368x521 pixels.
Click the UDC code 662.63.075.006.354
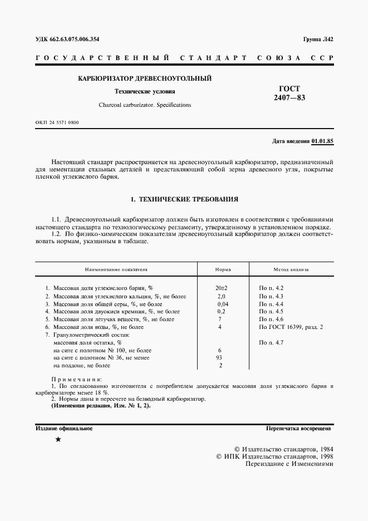[76, 39]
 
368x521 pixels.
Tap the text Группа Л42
[318, 39]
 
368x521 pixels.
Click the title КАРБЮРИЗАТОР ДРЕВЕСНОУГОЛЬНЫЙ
[145, 78]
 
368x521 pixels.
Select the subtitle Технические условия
[144, 92]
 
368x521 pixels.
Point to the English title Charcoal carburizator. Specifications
[145, 105]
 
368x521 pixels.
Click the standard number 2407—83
[290, 98]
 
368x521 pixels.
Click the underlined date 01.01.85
[322, 141]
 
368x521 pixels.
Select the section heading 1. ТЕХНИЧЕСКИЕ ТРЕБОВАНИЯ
[184, 198]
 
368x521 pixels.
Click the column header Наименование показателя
[116, 269]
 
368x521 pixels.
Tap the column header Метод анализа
[291, 269]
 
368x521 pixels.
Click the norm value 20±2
[221, 288]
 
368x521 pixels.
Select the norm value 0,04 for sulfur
[222, 304]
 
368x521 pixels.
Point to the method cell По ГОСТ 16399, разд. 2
[291, 327]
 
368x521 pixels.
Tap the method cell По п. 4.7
[272, 343]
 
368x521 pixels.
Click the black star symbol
[58, 440]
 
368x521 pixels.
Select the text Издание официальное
[64, 429]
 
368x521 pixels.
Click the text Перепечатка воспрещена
[299, 429]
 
